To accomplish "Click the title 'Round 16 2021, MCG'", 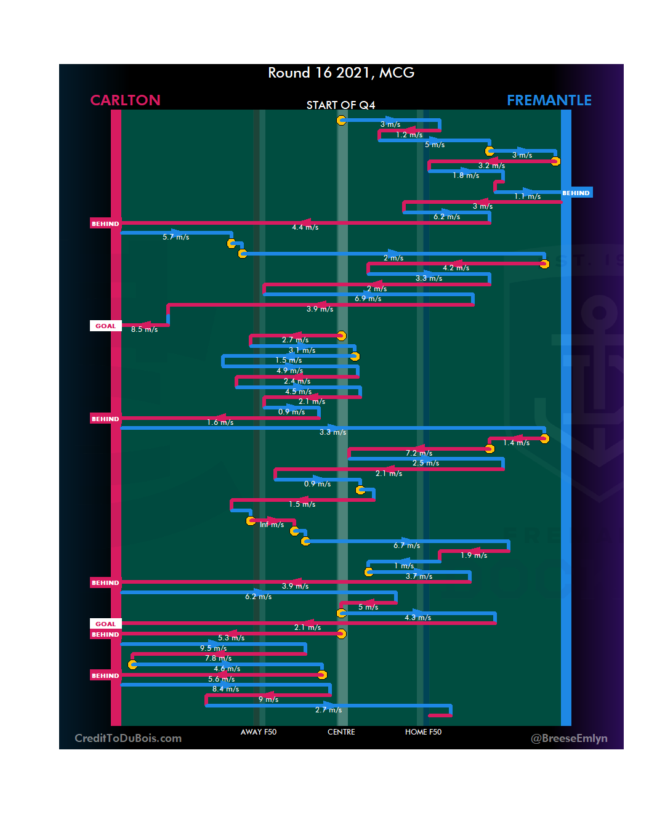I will coord(341,73).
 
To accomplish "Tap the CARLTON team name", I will coord(125,100).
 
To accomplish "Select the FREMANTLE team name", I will coord(549,100).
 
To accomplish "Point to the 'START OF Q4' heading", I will coord(341,105).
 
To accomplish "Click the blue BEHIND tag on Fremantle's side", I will coord(576,193).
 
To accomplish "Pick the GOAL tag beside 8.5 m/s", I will coord(105,326).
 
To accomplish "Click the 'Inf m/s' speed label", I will coord(272,525).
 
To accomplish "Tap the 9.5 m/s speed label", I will coord(213,648).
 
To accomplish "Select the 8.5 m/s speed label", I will coord(144,329).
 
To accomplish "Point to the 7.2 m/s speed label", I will coord(419,453).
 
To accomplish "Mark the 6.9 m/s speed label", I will coord(368,299).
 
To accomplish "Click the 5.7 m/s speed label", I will coord(175,237).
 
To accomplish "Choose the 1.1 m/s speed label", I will coord(527,196).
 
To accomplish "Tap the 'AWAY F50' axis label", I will coord(259,732).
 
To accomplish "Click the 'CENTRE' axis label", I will coord(341,732).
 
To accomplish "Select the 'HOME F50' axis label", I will coord(423,732).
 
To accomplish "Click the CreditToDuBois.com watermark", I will coord(128,738).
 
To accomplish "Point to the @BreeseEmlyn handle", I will coord(569,738).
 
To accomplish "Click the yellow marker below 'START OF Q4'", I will coord(341,120).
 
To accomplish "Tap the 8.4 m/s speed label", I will coord(225,689).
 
